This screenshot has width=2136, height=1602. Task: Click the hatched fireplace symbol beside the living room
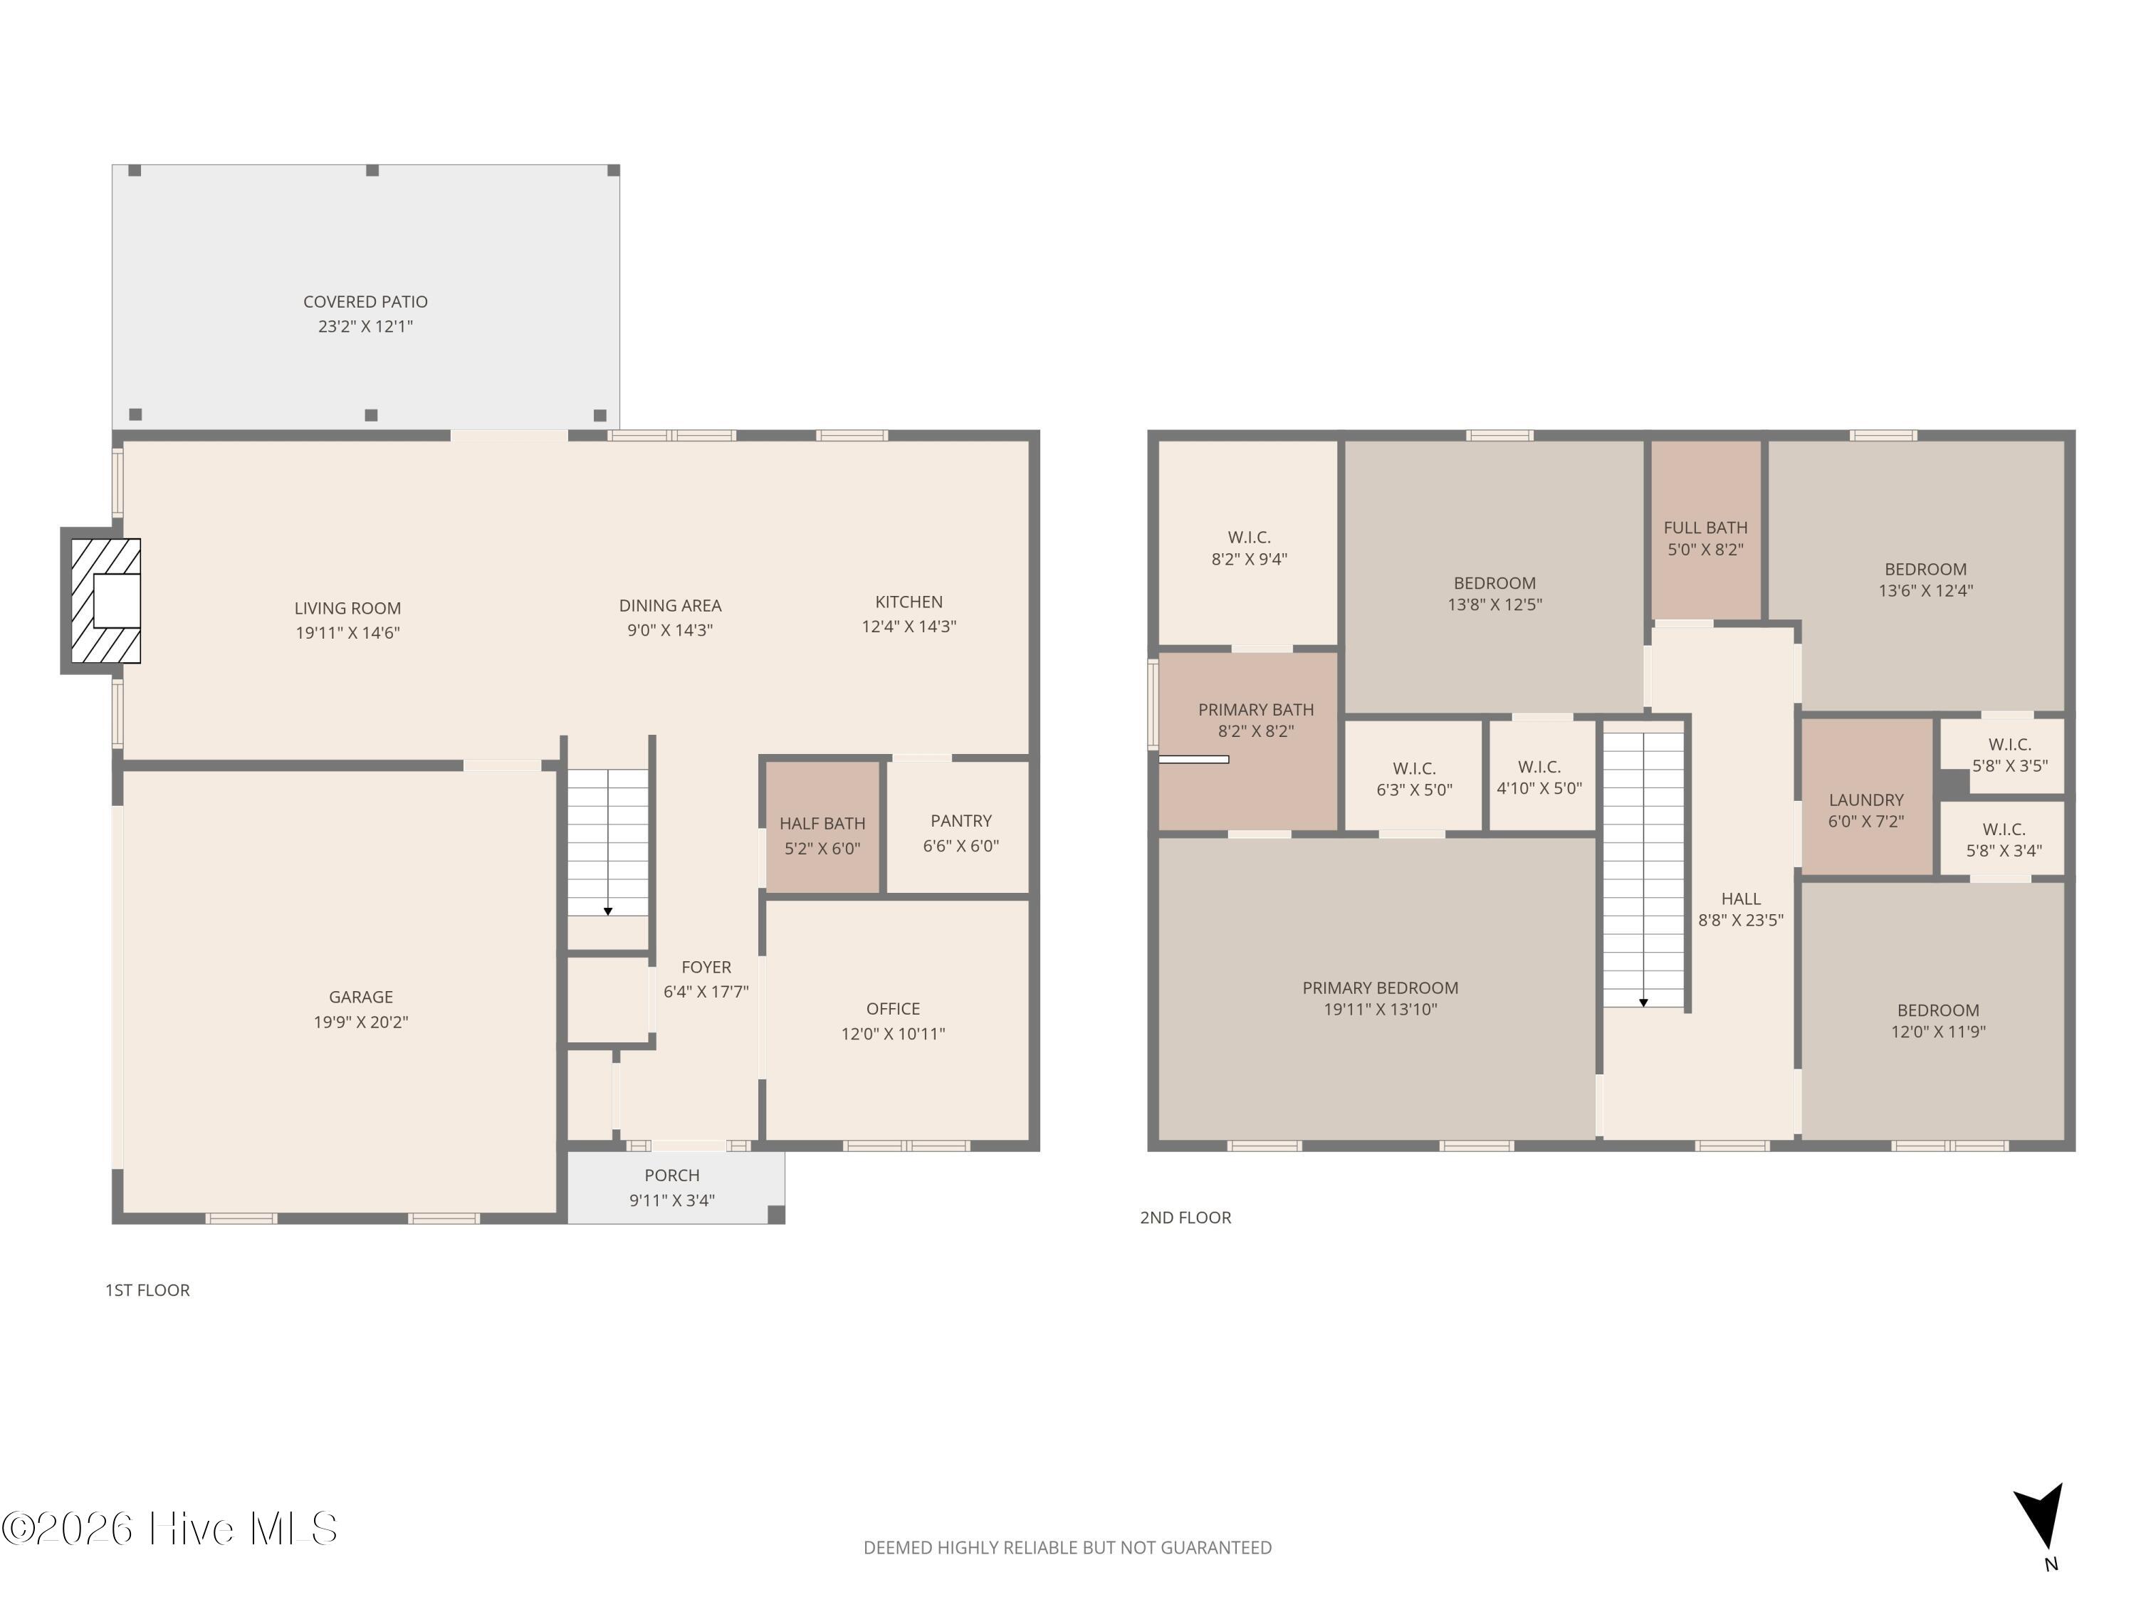106,601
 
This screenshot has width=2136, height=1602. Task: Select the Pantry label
960,821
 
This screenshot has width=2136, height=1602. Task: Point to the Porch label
672,1176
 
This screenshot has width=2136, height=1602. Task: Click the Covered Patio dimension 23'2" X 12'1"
365,326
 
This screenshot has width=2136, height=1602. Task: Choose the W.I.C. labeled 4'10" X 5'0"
1539,778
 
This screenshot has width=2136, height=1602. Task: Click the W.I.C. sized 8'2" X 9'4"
1249,547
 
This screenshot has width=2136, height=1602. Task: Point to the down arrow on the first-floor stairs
607,911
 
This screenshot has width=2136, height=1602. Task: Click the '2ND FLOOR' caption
1185,1218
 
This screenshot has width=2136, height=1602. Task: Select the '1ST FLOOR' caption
148,1290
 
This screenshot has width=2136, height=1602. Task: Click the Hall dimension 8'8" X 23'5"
1740,920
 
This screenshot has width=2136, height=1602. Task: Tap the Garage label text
360,998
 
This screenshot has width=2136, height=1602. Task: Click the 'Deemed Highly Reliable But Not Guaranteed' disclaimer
1067,1548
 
